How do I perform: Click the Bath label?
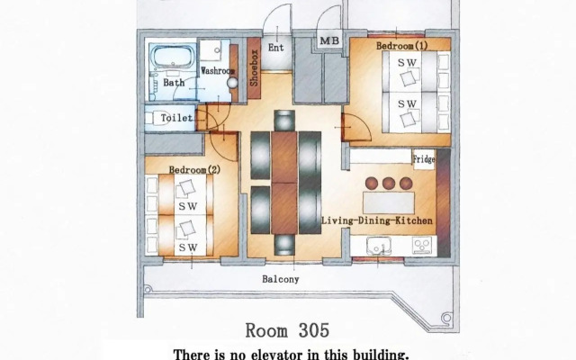[x=174, y=83]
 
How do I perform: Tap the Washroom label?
[x=217, y=69]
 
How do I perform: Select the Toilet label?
[x=175, y=118]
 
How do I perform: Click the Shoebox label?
[x=255, y=66]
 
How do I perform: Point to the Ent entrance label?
[x=275, y=48]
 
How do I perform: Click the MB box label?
[x=329, y=41]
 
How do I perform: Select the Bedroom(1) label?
[x=401, y=44]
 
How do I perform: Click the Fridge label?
[x=424, y=159]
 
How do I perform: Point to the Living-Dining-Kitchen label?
[x=377, y=220]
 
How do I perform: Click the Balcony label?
[x=280, y=279]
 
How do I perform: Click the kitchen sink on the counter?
[x=382, y=245]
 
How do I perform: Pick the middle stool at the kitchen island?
[x=388, y=183]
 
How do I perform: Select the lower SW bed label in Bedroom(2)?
[x=187, y=247]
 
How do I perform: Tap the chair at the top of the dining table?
[x=284, y=120]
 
